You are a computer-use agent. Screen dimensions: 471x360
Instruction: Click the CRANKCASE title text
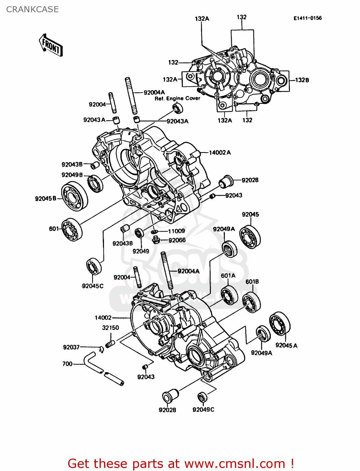[32, 9]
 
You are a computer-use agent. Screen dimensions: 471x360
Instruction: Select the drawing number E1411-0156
[308, 18]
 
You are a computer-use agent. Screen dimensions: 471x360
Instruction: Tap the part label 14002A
[220, 153]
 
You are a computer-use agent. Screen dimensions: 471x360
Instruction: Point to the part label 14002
[103, 318]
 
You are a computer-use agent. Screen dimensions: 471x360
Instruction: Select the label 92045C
[92, 286]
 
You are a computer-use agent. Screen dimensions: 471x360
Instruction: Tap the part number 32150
[111, 328]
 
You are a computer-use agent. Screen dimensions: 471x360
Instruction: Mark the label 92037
[71, 347]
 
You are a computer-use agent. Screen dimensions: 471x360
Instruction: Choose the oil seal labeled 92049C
[203, 397]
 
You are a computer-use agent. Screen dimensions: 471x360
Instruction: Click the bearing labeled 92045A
[280, 324]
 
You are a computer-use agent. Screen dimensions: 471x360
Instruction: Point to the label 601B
[252, 282]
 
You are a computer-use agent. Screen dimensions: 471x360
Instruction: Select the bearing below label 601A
[229, 295]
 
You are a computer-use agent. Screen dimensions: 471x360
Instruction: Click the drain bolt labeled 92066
[155, 241]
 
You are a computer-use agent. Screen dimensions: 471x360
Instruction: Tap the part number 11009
[176, 231]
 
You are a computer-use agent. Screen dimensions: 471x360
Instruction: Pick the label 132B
[302, 80]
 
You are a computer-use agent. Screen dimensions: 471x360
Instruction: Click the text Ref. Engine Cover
[177, 99]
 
